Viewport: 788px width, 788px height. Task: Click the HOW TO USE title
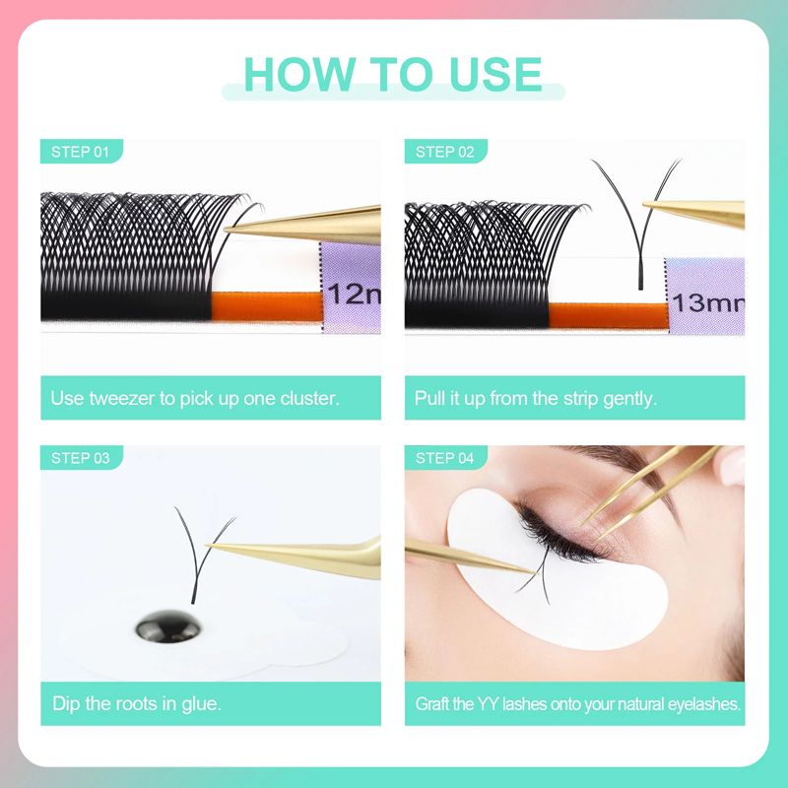pyautogui.click(x=393, y=75)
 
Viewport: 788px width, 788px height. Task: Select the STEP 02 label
pyautogui.click(x=445, y=152)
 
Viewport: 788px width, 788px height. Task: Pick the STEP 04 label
pyautogui.click(x=445, y=458)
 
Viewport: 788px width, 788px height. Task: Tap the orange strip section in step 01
pyautogui.click(x=266, y=304)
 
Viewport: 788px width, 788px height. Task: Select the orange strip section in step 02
pyautogui.click(x=606, y=316)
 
